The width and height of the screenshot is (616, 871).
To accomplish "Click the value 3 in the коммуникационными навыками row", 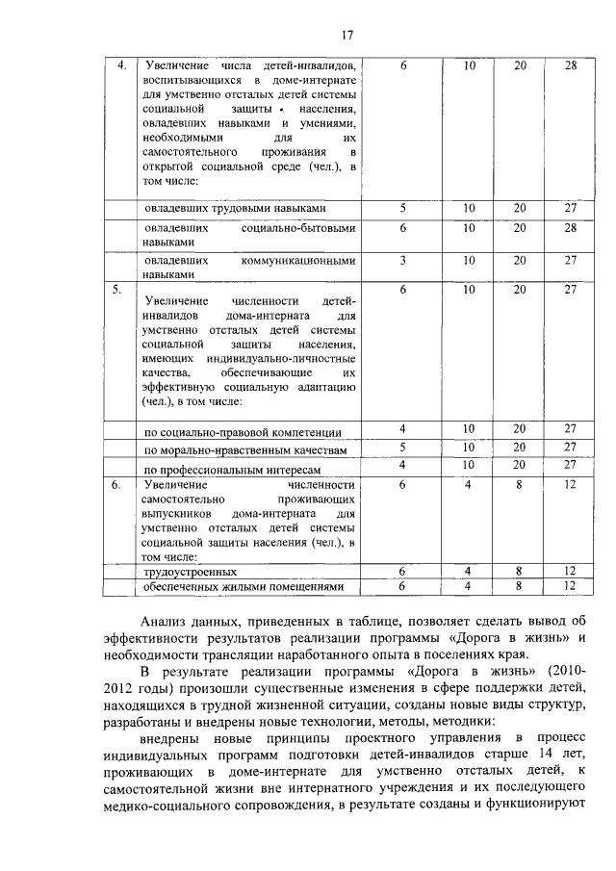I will (x=402, y=260).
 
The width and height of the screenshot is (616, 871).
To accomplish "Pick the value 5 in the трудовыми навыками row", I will (x=402, y=208).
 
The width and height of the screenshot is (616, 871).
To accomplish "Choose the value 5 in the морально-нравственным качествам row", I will (x=402, y=448).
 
